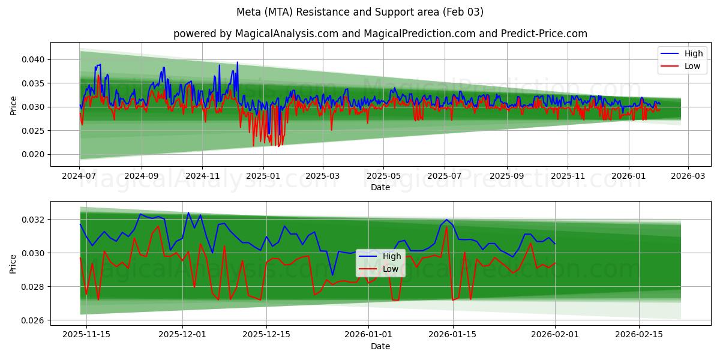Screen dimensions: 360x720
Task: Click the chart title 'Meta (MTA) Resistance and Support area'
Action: pyautogui.click(x=359, y=12)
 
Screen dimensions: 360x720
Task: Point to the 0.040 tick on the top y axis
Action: pyautogui.click(x=34, y=59)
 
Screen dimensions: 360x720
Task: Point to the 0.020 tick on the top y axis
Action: pyautogui.click(x=34, y=154)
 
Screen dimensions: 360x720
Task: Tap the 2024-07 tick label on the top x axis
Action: pyautogui.click(x=80, y=176)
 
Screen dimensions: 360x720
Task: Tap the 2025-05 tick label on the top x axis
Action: pyautogui.click(x=383, y=176)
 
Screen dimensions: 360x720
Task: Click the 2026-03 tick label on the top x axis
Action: pyautogui.click(x=688, y=176)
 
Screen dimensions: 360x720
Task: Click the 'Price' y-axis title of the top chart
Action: pyautogui.click(x=13, y=105)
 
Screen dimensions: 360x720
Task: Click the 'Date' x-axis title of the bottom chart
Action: pyautogui.click(x=380, y=346)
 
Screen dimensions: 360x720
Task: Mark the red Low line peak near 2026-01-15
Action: pyautogui.click(x=446, y=227)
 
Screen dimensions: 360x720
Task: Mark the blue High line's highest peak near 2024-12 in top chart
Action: pyautogui.click(x=237, y=62)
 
